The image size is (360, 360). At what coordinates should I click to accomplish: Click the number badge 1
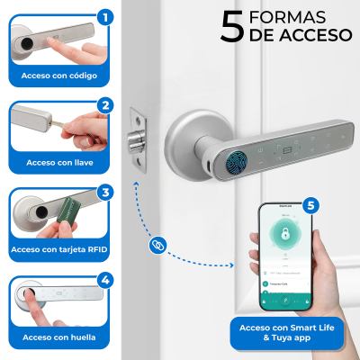[105, 16]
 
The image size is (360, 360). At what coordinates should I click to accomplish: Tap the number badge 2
[105, 105]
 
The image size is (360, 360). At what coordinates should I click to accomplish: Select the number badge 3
[105, 192]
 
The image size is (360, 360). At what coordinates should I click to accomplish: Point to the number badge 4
[105, 280]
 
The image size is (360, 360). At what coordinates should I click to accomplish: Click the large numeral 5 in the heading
[231, 26]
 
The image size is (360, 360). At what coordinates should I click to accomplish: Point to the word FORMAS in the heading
[289, 18]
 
